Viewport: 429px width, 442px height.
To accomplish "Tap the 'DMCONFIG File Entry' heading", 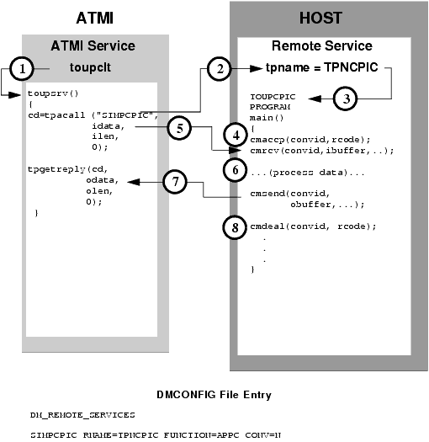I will click(214, 394).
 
